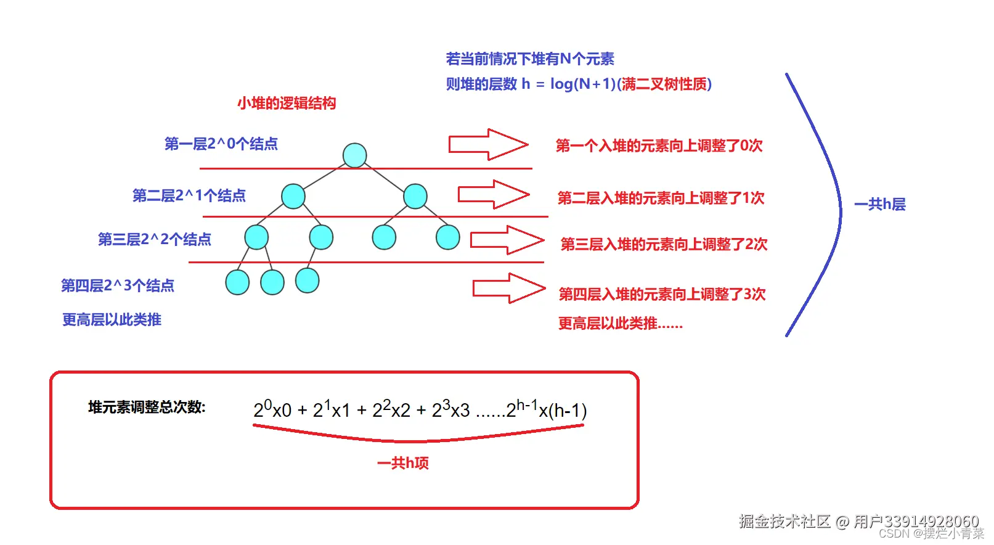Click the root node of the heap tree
(x=354, y=155)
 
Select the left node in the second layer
(x=293, y=196)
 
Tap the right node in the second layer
(x=415, y=196)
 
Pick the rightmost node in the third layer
(x=447, y=237)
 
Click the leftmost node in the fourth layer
(x=237, y=282)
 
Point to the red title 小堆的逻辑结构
(x=287, y=103)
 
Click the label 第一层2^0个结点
(x=221, y=144)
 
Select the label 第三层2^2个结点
(x=154, y=239)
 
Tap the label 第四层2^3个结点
(x=117, y=285)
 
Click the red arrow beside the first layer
(x=487, y=145)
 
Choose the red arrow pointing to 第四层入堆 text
(x=508, y=288)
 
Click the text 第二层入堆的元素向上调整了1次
(x=661, y=198)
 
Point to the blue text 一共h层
(x=879, y=204)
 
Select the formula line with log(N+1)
(x=579, y=84)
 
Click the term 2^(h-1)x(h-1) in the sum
(x=546, y=409)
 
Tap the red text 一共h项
(x=403, y=462)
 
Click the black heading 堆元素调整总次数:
(x=147, y=407)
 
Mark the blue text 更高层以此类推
(x=112, y=319)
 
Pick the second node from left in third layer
(x=321, y=237)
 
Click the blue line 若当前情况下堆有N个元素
(x=530, y=59)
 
